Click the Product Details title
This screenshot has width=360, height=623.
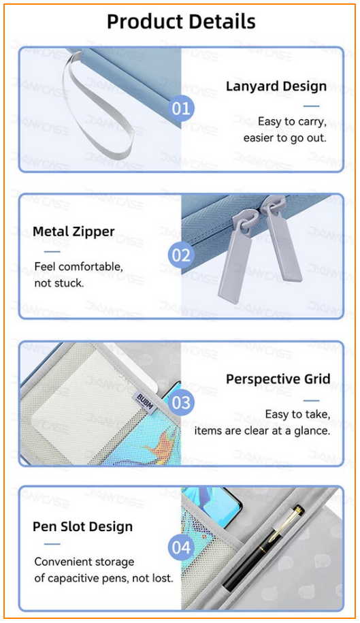pyautogui.click(x=181, y=22)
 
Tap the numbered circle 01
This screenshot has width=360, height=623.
pyautogui.click(x=181, y=108)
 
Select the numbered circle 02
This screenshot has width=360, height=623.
pyautogui.click(x=181, y=255)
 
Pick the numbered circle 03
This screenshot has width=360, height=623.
pyautogui.click(x=181, y=402)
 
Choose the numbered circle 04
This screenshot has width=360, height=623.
pyautogui.click(x=181, y=547)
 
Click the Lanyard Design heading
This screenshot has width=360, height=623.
pyautogui.click(x=276, y=86)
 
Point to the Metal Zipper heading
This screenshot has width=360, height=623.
pyautogui.click(x=73, y=231)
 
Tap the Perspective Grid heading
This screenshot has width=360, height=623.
pyautogui.click(x=278, y=379)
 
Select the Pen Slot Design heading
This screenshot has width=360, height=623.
pyautogui.click(x=82, y=527)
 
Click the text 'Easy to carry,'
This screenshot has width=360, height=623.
pyautogui.click(x=292, y=122)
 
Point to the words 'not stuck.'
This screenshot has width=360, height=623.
pyautogui.click(x=59, y=283)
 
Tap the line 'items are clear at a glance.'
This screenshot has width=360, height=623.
pyautogui.click(x=262, y=431)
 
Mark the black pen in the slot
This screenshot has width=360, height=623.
pyautogui.click(x=262, y=547)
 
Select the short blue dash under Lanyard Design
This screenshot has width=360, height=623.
pyautogui.click(x=311, y=106)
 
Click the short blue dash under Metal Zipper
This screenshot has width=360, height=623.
pyautogui.click(x=52, y=252)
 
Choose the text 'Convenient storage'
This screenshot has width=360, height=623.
pyautogui.click(x=84, y=562)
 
